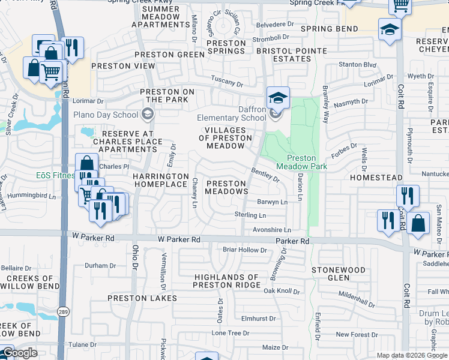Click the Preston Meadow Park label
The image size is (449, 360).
(x=296, y=162)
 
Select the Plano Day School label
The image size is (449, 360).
(x=106, y=115)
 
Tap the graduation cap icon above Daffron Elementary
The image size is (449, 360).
(x=278, y=98)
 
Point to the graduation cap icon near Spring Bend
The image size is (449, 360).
(x=390, y=29)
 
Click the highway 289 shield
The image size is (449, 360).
(x=62, y=311)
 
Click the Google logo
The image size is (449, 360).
(x=19, y=353)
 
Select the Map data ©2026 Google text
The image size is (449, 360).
(x=412, y=355)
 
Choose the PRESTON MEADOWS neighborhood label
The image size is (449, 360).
(x=226, y=187)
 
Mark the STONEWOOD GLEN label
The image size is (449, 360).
(x=339, y=274)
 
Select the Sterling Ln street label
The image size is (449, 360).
(x=250, y=215)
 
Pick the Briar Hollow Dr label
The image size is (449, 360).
(x=244, y=250)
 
